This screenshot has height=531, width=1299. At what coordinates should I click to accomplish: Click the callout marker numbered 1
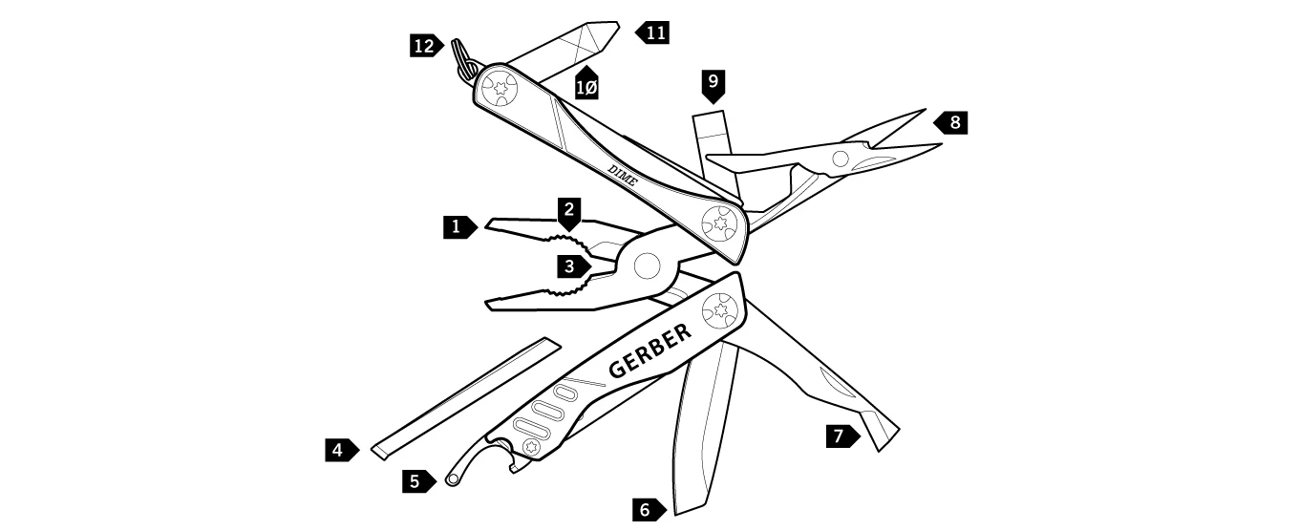458,227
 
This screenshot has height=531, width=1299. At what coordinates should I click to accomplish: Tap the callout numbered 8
952,122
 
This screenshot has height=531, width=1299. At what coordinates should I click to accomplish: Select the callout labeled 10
586,84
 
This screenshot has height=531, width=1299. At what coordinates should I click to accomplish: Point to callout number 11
653,32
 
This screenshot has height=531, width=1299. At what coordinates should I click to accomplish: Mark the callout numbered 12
426,45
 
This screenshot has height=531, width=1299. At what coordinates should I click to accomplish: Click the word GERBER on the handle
649,350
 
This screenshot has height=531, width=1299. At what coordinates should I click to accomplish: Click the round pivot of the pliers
647,265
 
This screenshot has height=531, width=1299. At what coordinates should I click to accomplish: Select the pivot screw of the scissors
841,159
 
